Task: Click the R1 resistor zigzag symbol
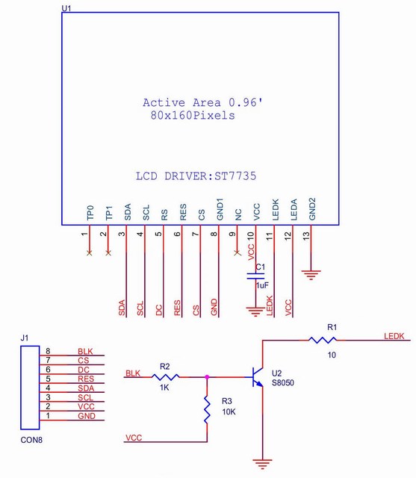[323, 340]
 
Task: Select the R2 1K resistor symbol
[165, 377]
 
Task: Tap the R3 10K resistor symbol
[207, 409]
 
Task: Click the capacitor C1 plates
[255, 276]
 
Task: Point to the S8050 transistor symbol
[258, 377]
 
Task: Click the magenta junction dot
[207, 377]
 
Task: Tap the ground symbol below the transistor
[262, 463]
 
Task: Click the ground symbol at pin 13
[311, 275]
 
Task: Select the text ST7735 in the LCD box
[235, 176]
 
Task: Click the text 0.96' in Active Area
[246, 102]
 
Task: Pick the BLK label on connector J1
[85, 352]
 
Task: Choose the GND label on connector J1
[87, 416]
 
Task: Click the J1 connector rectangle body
[30, 388]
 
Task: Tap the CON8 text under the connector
[31, 440]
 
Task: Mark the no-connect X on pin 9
[237, 252]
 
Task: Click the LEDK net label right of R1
[394, 336]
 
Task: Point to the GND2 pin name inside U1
[312, 209]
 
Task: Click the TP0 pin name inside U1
[90, 212]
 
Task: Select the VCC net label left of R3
[134, 438]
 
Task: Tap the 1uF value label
[262, 285]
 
